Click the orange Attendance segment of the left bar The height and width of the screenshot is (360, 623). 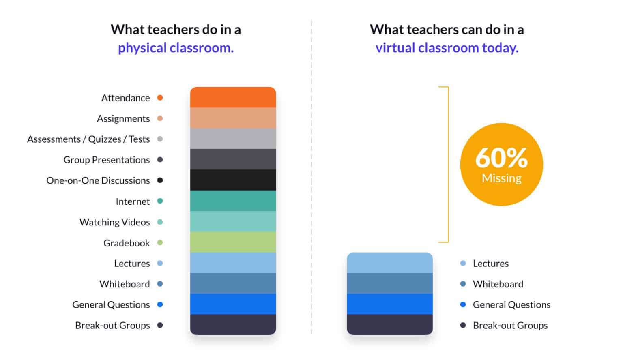pos(233,97)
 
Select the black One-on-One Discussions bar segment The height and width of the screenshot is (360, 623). pos(233,180)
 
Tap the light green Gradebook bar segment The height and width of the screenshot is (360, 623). pos(233,242)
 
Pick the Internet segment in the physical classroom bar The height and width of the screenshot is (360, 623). pos(233,201)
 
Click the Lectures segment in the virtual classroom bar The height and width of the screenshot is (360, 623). pos(390,263)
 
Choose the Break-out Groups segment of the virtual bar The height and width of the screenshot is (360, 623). pos(390,325)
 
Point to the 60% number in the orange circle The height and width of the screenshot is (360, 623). pos(501,158)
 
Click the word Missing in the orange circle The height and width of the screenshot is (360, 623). pos(501,178)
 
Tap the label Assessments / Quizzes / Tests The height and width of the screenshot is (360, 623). pos(88,139)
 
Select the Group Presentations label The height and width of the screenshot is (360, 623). pos(107,160)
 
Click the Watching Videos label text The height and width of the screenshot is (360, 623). pos(115,222)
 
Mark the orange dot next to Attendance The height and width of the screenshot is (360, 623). pos(160,98)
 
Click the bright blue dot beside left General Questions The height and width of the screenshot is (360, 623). pos(160,304)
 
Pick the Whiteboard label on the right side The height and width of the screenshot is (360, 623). pos(498,284)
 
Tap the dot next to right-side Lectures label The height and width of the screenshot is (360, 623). pos(463,263)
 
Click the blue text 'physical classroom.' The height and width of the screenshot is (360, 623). pos(176,48)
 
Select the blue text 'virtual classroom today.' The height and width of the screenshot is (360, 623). pos(447,48)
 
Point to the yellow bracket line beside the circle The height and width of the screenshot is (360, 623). pos(448,165)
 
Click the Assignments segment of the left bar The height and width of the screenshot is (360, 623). pos(233,118)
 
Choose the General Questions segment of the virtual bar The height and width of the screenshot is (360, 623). pos(390,304)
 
